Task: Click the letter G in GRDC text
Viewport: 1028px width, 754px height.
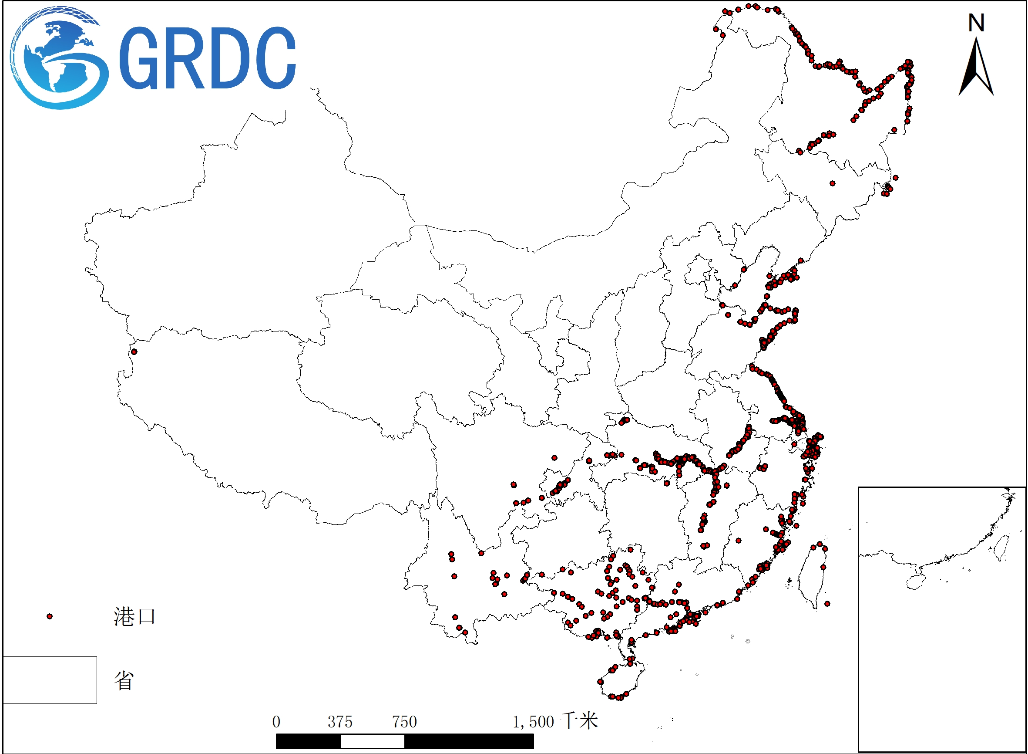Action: click(138, 58)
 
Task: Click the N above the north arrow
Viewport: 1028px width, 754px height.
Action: click(976, 23)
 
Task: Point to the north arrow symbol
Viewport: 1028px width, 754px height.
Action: click(976, 68)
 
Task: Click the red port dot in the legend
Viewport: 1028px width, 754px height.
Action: click(50, 617)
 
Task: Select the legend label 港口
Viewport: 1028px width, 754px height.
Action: click(134, 617)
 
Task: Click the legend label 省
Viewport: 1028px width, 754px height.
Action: click(124, 680)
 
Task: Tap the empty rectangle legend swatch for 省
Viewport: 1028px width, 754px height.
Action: click(50, 680)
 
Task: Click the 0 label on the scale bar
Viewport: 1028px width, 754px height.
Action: click(276, 722)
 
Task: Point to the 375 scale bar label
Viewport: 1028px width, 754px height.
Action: click(340, 722)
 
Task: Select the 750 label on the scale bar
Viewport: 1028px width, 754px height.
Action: click(405, 722)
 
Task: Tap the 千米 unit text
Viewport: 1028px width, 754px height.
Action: click(579, 721)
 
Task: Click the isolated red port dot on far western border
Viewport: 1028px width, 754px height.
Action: click(134, 352)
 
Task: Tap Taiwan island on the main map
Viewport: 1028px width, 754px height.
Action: click(812, 575)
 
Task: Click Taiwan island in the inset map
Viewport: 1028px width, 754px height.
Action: click(1001, 547)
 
